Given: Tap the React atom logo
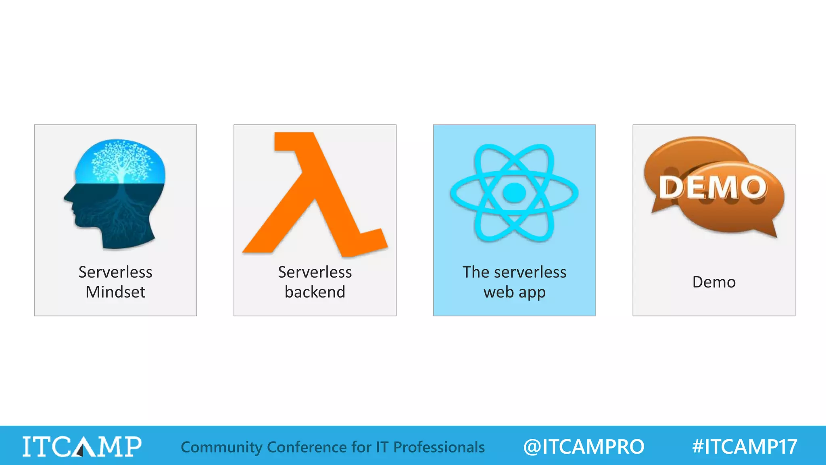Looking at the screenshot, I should pos(514,193).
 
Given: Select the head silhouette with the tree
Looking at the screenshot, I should pos(115,194).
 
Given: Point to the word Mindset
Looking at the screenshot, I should pos(115,292).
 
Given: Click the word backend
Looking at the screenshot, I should pos(315,292).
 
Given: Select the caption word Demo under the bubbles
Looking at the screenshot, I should pos(714,282).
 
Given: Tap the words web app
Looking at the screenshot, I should pos(514,292).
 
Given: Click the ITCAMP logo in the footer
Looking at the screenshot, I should pos(82,446).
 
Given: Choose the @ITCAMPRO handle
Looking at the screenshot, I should pos(584,447).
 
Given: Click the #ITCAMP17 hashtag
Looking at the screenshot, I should pos(745,447).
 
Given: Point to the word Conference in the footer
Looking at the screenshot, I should pos(307,447).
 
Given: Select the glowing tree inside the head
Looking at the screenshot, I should pos(120,161).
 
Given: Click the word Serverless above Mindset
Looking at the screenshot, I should pos(115,272).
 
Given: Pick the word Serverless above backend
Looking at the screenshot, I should pos(315,272).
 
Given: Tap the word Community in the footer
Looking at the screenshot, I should pos(221,447).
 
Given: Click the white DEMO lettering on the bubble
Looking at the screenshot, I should pos(713,187).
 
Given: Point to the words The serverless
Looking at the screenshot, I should pos(514,272).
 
